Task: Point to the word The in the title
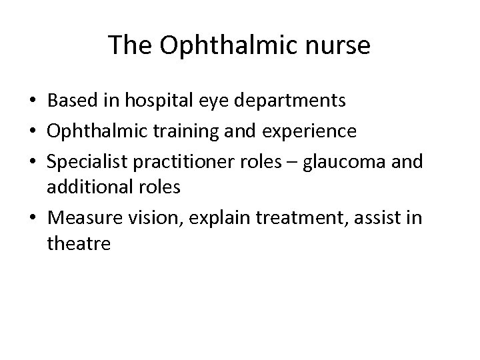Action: coord(131,45)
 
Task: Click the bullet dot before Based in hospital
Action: coord(33,102)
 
